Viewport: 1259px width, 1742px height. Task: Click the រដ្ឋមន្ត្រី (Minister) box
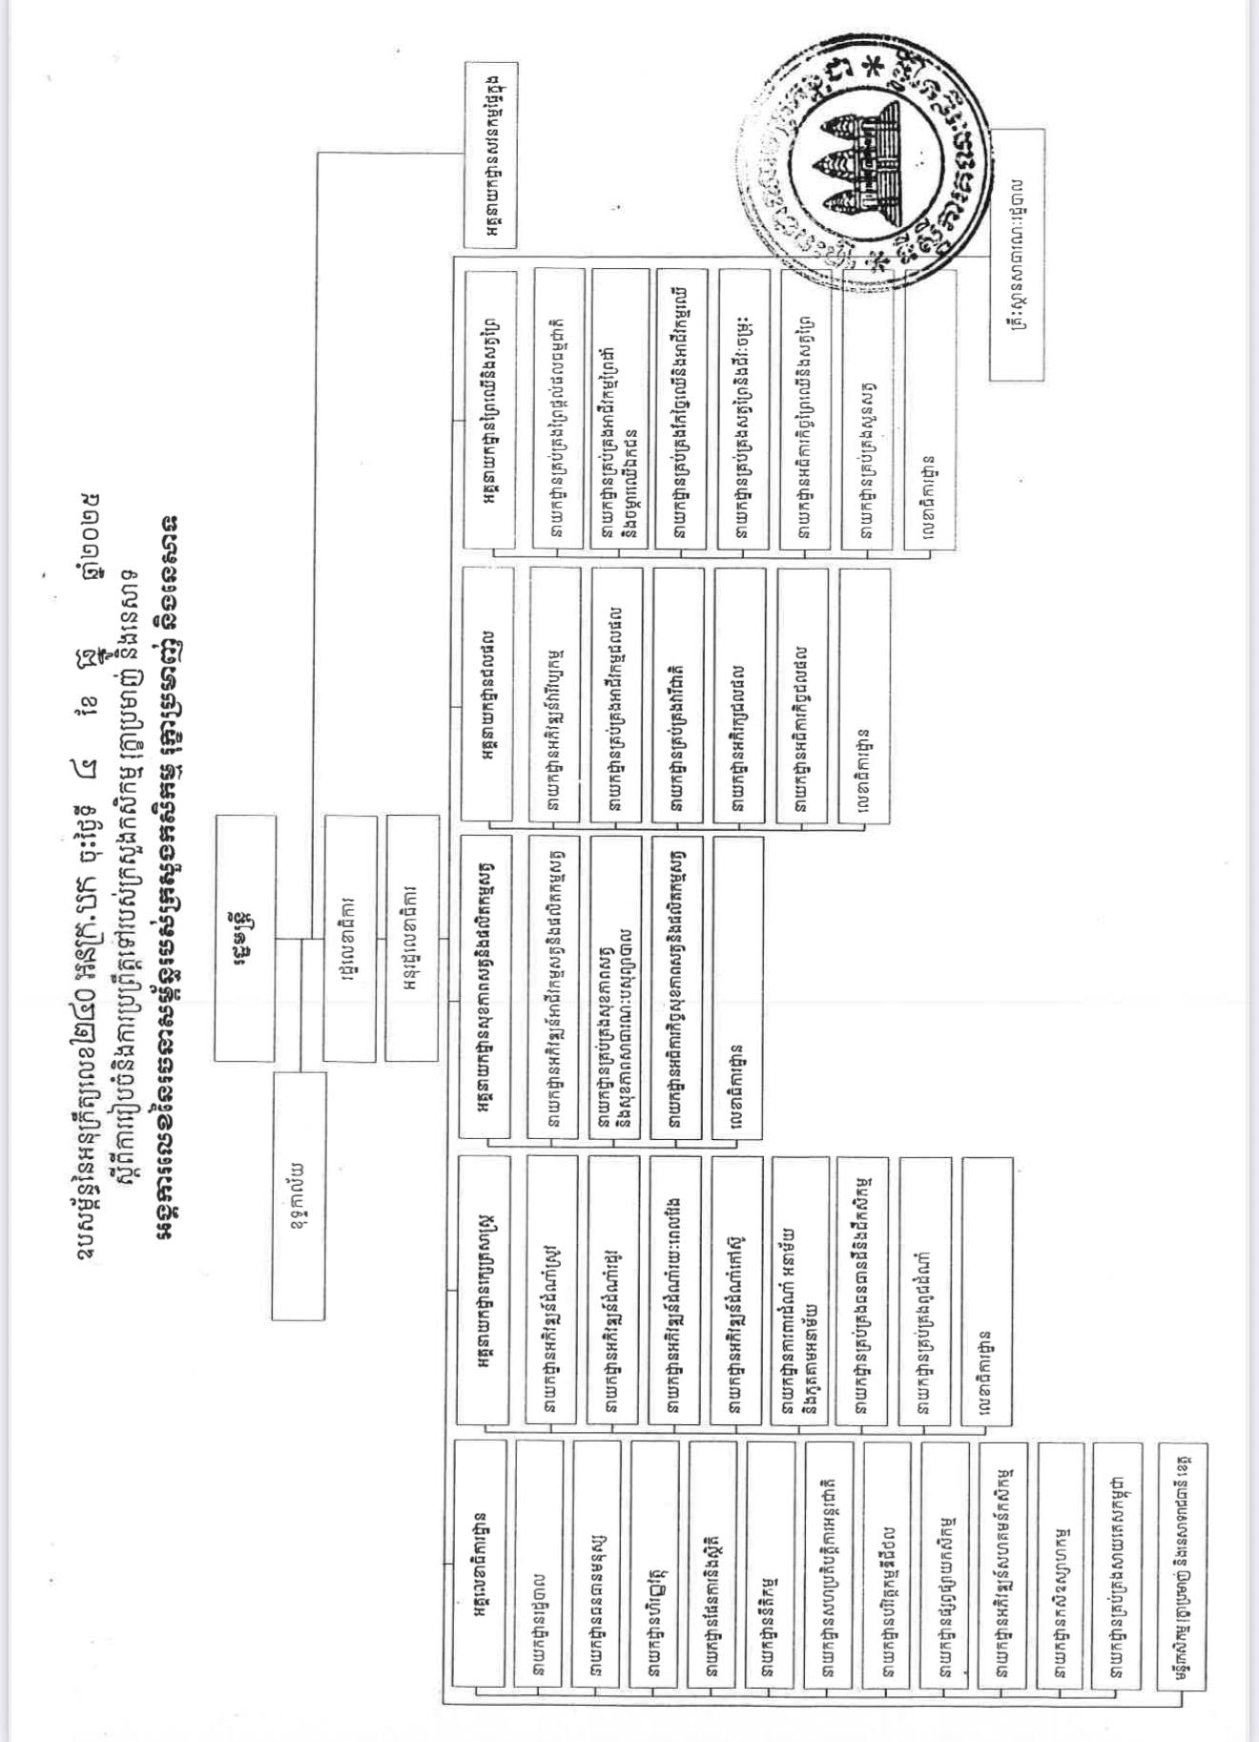click(244, 938)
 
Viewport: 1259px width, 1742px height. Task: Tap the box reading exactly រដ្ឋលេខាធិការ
click(349, 938)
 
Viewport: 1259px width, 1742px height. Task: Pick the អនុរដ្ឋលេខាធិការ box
click(412, 938)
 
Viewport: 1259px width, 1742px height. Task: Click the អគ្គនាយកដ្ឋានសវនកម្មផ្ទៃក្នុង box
click(490, 155)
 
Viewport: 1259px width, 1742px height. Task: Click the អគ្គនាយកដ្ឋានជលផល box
click(486, 693)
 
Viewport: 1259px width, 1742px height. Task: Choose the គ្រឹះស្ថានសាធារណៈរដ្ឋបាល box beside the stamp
click(1018, 254)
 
